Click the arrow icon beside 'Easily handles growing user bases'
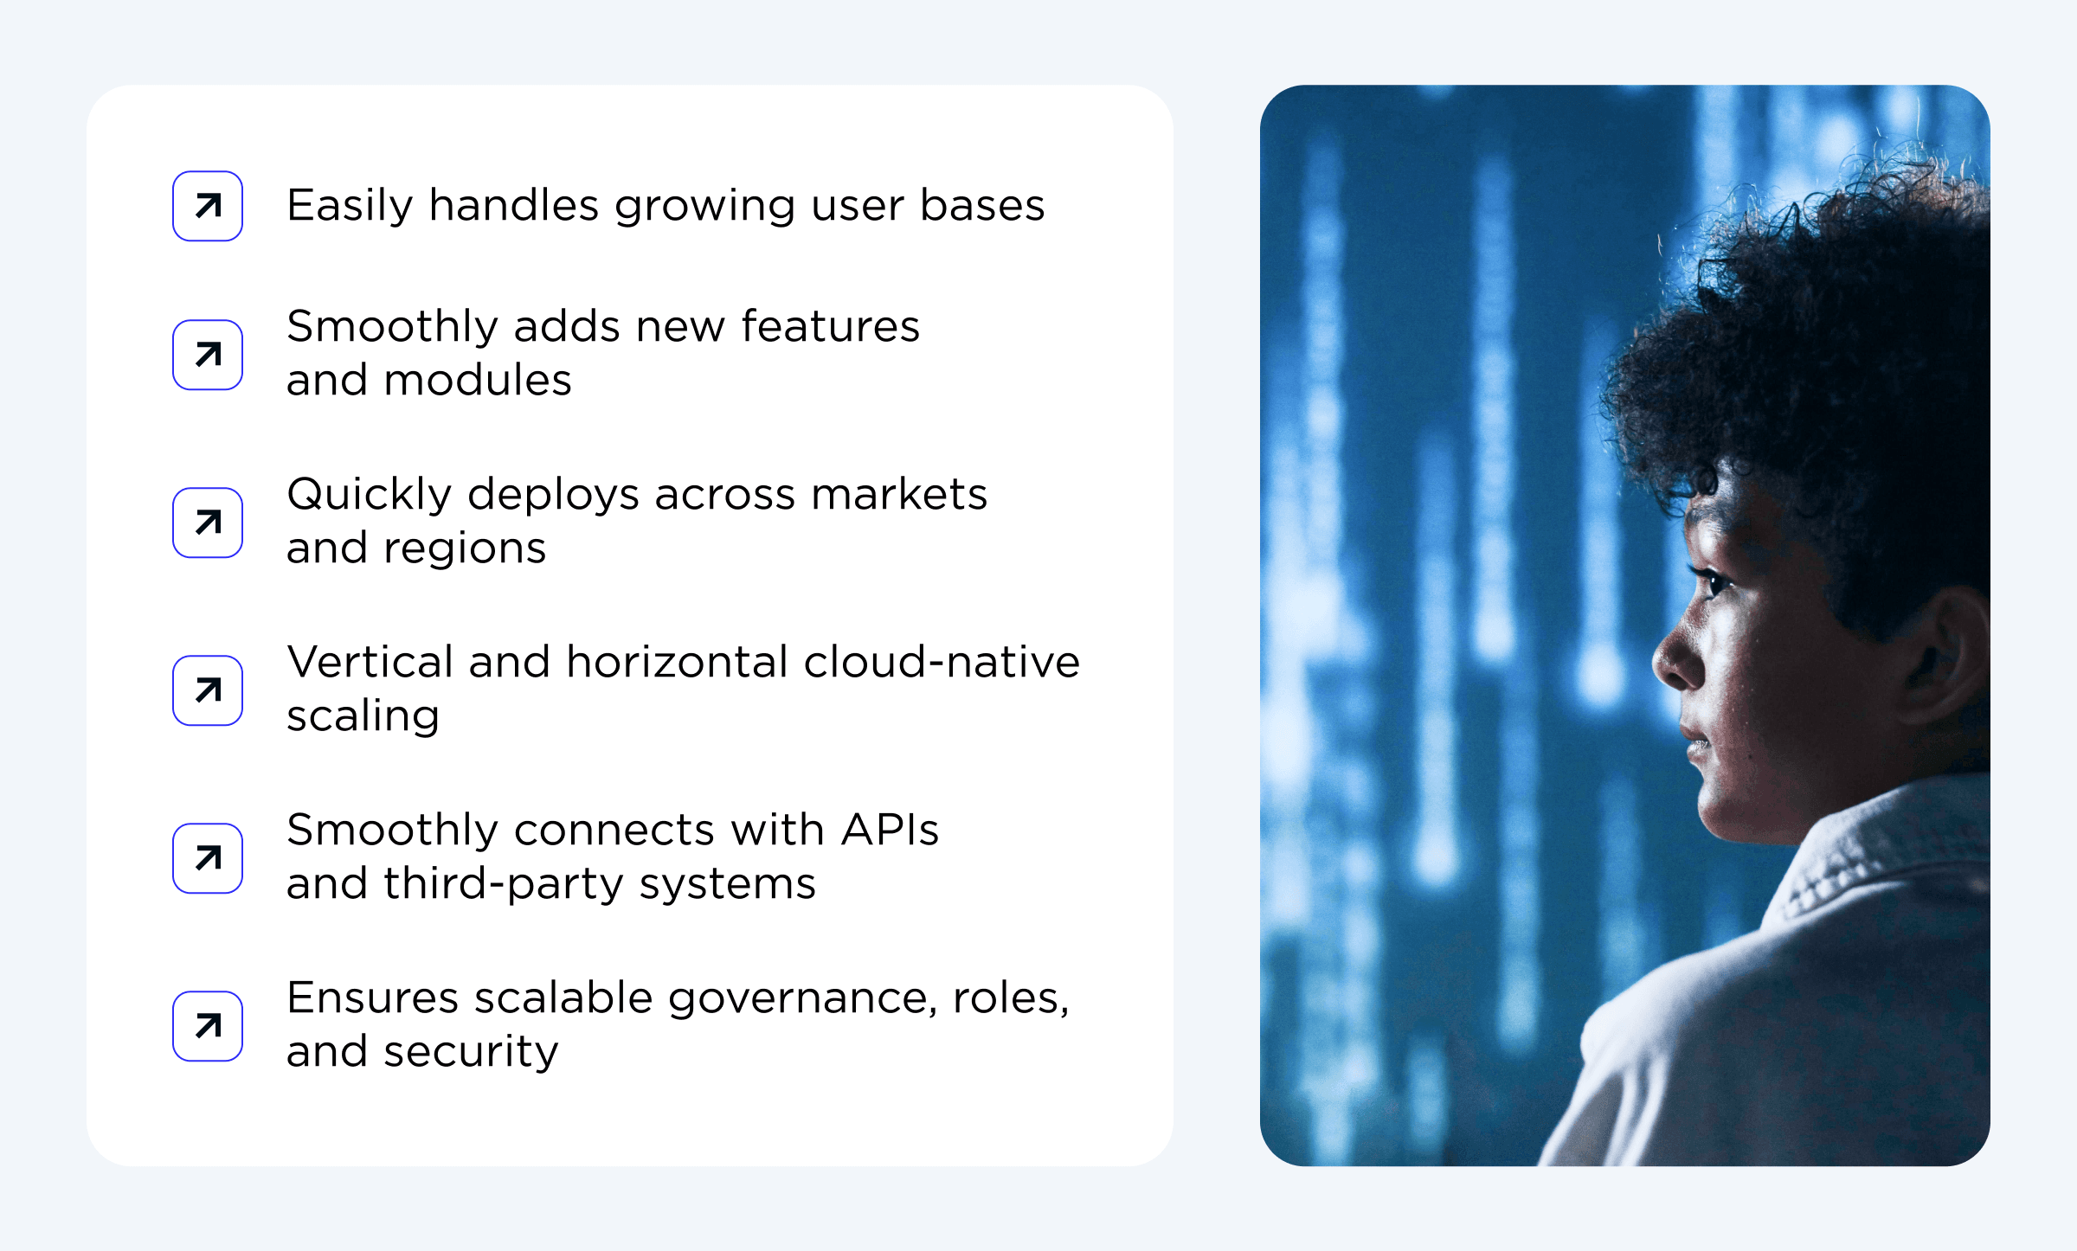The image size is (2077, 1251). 208,206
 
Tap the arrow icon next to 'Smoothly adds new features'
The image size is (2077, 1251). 208,355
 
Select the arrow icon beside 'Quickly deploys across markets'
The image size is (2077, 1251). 208,523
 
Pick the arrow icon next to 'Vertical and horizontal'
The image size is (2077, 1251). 208,690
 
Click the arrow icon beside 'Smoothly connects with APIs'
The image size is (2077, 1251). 208,858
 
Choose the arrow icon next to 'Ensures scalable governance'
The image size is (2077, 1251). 208,1026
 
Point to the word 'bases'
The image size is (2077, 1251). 982,206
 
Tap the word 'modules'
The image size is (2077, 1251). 478,380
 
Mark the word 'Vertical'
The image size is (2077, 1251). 370,662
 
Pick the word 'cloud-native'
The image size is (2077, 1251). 942,662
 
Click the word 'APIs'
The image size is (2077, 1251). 890,830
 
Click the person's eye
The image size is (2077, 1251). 1712,581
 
